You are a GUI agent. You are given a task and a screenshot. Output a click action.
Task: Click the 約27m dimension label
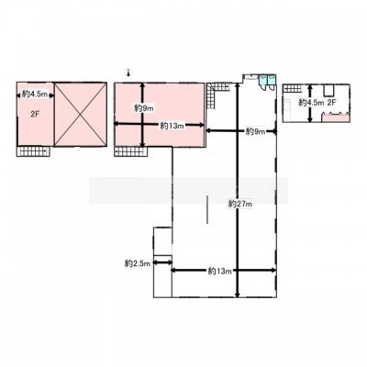point(240,204)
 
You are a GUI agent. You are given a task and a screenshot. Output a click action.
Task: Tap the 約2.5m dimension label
point(138,263)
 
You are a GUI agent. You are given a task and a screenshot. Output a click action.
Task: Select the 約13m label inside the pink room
point(172,126)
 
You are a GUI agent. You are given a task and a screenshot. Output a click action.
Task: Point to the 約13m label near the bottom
point(219,271)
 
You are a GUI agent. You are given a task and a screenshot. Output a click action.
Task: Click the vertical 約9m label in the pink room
point(143,107)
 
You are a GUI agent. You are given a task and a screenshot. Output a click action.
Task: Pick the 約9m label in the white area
point(256,132)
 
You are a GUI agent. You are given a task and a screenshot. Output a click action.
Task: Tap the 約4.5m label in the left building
point(35,95)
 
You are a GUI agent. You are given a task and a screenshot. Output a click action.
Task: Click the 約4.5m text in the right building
point(311,103)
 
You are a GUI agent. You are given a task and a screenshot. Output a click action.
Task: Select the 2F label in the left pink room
point(36,114)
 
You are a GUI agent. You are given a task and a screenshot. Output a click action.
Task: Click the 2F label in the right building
point(332,103)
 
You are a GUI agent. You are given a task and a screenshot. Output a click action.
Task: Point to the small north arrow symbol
point(128,72)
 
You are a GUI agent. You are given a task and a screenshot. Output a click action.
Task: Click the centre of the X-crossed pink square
point(81,114)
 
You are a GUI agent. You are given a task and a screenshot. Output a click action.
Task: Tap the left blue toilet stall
point(262,80)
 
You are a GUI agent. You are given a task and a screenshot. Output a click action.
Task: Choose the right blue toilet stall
point(272,79)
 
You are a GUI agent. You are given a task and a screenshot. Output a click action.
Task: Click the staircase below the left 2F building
point(33,151)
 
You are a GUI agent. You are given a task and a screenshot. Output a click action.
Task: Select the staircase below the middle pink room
point(129,151)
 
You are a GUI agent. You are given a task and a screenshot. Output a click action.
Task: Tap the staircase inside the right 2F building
point(295,88)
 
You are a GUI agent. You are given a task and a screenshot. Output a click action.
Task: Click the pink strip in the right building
point(336,118)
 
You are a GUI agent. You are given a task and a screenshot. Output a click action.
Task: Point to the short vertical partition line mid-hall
point(207,210)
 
